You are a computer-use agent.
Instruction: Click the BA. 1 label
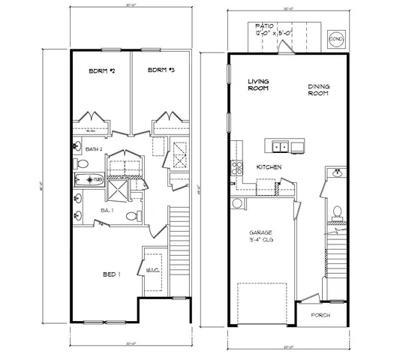(107, 211)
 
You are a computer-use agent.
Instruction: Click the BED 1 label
(111, 275)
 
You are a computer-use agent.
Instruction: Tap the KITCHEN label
(269, 166)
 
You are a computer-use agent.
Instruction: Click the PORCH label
(320, 315)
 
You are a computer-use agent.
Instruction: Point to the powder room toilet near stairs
(338, 213)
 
